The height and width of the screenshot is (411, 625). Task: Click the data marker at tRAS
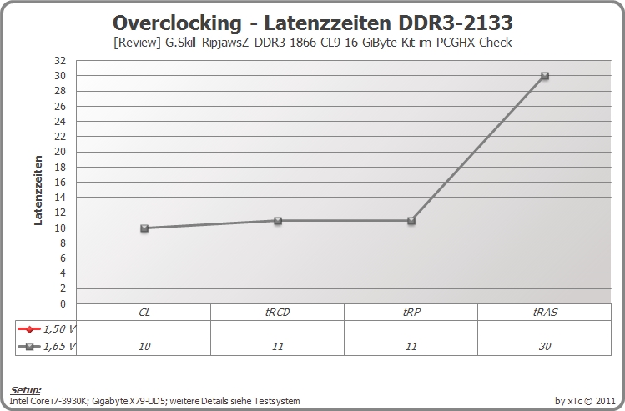pyautogui.click(x=545, y=76)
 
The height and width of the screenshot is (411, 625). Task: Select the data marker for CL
pyautogui.click(x=144, y=228)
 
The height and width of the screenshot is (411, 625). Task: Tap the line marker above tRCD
pyautogui.click(x=278, y=221)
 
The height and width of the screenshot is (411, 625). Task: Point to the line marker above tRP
pyautogui.click(x=411, y=221)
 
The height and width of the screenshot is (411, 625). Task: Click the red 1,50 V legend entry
pyautogui.click(x=46, y=329)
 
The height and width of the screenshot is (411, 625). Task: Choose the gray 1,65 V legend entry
pyautogui.click(x=46, y=347)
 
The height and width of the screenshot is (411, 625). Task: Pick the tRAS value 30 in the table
pyautogui.click(x=545, y=347)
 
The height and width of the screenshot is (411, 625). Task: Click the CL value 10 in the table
pyautogui.click(x=144, y=347)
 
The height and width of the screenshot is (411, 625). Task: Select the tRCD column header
pyautogui.click(x=277, y=313)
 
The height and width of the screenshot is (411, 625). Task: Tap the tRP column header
pyautogui.click(x=411, y=313)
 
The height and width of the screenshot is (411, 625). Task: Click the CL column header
pyautogui.click(x=144, y=313)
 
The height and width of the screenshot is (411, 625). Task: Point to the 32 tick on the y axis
pyautogui.click(x=60, y=61)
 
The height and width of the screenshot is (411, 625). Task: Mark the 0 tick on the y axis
pyautogui.click(x=63, y=303)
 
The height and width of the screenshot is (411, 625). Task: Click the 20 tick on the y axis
pyautogui.click(x=60, y=152)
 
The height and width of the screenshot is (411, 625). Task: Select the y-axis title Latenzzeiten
pyautogui.click(x=38, y=190)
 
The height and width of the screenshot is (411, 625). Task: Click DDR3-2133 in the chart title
pyautogui.click(x=456, y=23)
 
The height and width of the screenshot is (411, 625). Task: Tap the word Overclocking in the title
pyautogui.click(x=177, y=23)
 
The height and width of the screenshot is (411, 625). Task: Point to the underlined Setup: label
pyautogui.click(x=25, y=390)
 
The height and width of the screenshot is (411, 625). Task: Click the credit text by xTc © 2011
pyautogui.click(x=585, y=401)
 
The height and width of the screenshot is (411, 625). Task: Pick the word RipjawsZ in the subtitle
pyautogui.click(x=224, y=43)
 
